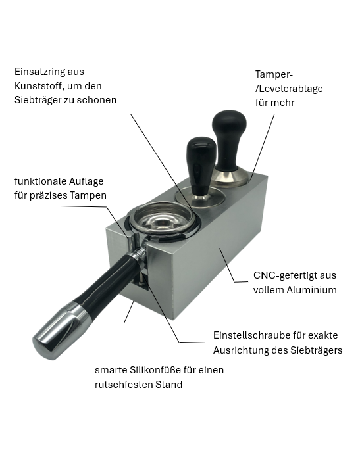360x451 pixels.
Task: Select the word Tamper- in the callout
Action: coord(274,74)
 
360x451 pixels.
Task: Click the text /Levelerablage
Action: coord(289,89)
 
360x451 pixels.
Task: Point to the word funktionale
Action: coord(37,181)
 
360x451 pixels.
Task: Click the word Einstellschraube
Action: coord(251,335)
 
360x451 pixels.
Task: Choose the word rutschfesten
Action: coord(124,385)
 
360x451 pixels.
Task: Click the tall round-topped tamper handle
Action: coord(229,141)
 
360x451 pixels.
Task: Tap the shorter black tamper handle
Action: coord(201,166)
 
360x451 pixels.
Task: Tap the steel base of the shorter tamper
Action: coord(201,199)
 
